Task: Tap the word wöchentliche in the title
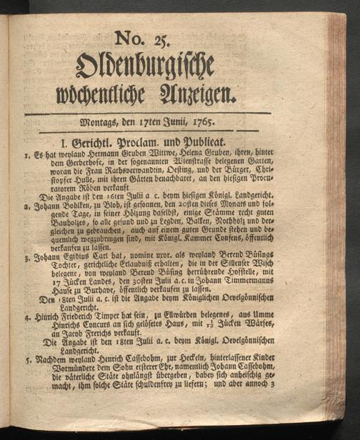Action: click(x=121, y=92)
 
